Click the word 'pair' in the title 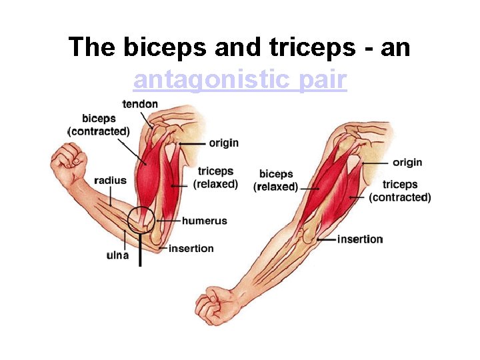point(323,80)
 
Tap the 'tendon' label point(140,103)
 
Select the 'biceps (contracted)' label point(99,125)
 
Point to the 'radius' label point(110,180)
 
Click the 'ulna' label point(117,254)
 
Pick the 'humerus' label point(204,221)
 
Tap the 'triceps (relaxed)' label point(215,178)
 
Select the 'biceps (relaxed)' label point(276,181)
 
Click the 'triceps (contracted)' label point(400,191)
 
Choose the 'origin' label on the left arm point(223,143)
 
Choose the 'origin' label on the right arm point(407,162)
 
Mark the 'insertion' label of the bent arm point(191,248)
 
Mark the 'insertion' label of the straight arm point(360,239)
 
